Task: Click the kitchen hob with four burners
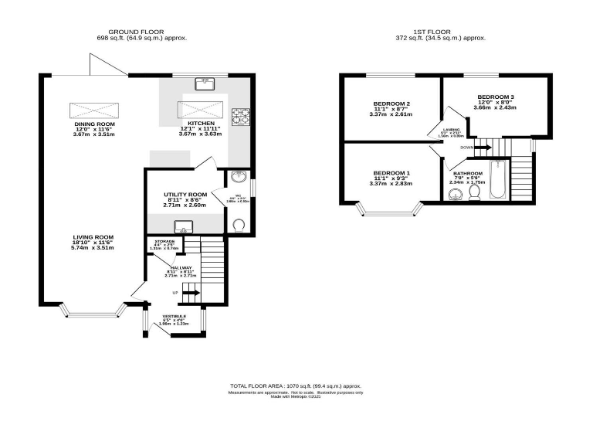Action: (x=241, y=115)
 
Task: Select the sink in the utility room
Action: (x=183, y=226)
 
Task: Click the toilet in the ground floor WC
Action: (x=239, y=225)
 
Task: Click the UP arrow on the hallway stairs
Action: (x=190, y=293)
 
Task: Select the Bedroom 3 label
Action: (x=495, y=97)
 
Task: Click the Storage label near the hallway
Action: (x=164, y=242)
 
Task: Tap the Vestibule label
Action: (x=174, y=316)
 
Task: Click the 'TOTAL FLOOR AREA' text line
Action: (x=296, y=385)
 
